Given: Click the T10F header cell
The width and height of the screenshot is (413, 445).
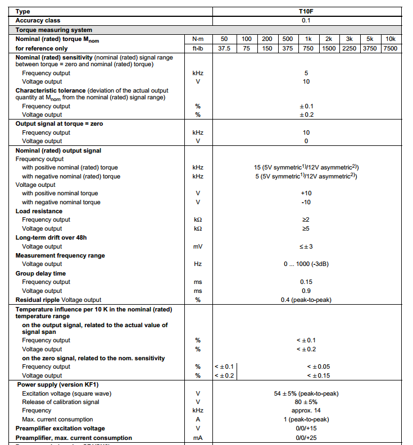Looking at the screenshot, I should (x=306, y=11).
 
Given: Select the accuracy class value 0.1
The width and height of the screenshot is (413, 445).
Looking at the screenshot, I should (x=306, y=20).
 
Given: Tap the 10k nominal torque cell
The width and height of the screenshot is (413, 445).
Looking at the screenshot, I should (x=390, y=39).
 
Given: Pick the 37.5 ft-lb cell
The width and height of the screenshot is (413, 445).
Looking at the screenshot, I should (x=224, y=48).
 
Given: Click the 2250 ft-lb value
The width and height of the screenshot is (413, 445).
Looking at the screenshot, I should (x=349, y=48).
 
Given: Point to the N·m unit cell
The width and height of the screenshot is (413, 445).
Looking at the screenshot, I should (x=198, y=39).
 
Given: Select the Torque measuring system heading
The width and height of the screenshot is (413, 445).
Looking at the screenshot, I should (x=54, y=30).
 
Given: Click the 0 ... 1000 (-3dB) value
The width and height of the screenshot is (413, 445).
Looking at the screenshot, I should (x=306, y=264).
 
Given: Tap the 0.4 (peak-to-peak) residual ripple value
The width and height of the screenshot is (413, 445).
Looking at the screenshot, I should (x=306, y=300).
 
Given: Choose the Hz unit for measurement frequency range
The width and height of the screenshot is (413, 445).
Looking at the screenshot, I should (x=198, y=264).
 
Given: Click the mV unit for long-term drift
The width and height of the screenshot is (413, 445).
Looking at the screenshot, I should (x=198, y=246).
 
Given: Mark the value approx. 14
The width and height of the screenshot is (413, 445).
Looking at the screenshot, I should (x=306, y=410).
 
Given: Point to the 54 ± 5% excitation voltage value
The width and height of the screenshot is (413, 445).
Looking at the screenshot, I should (x=306, y=393).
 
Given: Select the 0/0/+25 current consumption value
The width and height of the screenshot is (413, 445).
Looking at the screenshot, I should (x=306, y=438).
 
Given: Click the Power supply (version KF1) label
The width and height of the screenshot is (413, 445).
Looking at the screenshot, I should (x=57, y=384).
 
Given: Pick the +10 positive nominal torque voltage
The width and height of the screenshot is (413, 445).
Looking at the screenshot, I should (x=306, y=193).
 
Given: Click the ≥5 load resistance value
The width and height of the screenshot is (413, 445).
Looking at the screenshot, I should (x=306, y=228).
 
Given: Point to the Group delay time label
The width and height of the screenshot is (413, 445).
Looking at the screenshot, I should (x=40, y=273).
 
